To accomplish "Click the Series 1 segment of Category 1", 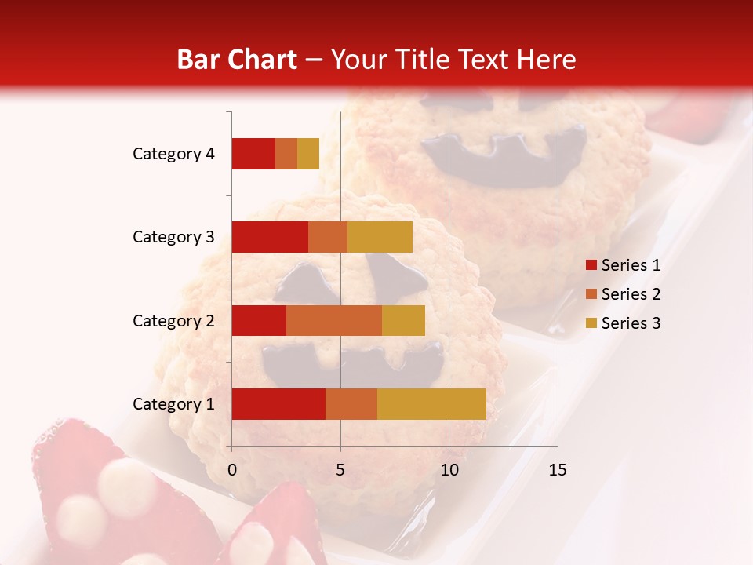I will [x=278, y=404].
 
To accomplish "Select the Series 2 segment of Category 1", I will [x=351, y=404].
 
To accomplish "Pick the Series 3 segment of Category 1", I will [x=431, y=404].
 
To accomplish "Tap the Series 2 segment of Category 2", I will [x=334, y=320].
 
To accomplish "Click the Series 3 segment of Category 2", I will [x=403, y=320].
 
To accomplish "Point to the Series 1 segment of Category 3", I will [x=270, y=237].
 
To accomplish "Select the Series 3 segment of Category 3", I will [x=380, y=237].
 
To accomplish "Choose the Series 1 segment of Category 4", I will [x=253, y=154].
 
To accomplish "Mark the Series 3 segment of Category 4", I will [x=308, y=154].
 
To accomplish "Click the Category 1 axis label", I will [x=173, y=404].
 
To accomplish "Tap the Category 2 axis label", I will [x=173, y=320].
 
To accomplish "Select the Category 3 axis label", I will [x=173, y=237].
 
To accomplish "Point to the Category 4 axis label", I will [x=173, y=154].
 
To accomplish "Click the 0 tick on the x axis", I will [x=232, y=470].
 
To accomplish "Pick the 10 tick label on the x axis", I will [x=449, y=470].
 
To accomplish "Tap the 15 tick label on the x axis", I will [x=557, y=470].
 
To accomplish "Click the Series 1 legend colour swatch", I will [x=591, y=265].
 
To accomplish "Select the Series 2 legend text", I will [x=631, y=294].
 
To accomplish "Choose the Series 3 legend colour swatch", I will [x=591, y=323].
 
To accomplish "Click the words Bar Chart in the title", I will [x=236, y=60].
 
